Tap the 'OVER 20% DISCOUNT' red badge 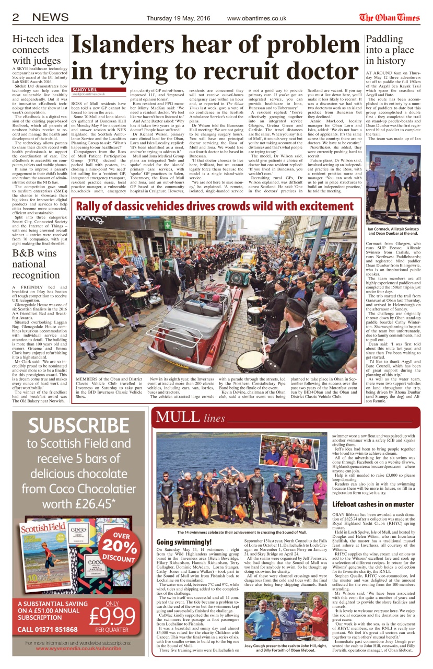click(122, 546)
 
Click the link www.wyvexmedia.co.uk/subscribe click(78, 648)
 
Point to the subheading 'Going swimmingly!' click(183, 541)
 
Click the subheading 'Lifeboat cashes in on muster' click(372, 504)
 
